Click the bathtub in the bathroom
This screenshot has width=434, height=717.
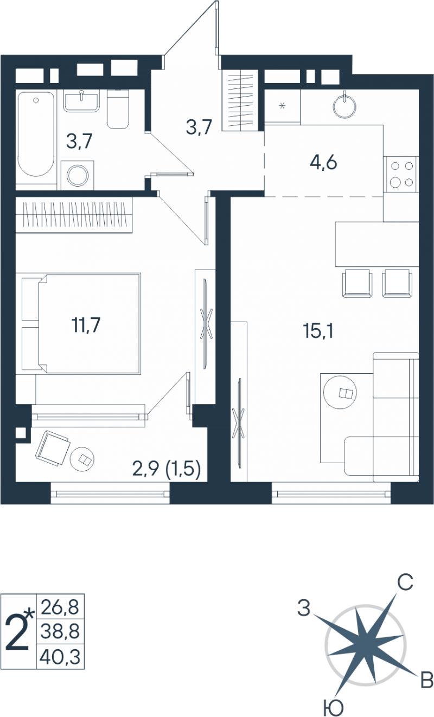[35, 134]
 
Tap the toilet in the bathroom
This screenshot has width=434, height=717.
[118, 109]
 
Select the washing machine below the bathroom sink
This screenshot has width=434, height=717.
[78, 175]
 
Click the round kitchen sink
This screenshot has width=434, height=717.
[344, 105]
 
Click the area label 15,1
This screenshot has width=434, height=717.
[318, 331]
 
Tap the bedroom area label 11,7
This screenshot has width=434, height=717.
[86, 325]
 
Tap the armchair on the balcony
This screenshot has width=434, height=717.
[53, 448]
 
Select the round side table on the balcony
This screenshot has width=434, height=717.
[82, 459]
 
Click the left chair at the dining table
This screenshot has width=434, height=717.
[358, 283]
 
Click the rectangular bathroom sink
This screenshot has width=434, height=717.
[81, 100]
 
